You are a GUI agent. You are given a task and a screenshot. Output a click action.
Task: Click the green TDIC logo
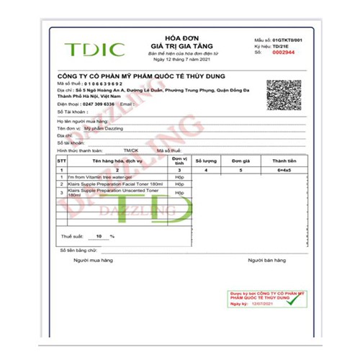pyautogui.click(x=94, y=50)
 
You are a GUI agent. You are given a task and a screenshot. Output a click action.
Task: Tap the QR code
pyautogui.click(x=283, y=96)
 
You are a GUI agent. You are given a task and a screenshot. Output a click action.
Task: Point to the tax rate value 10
pyautogui.click(x=100, y=235)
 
